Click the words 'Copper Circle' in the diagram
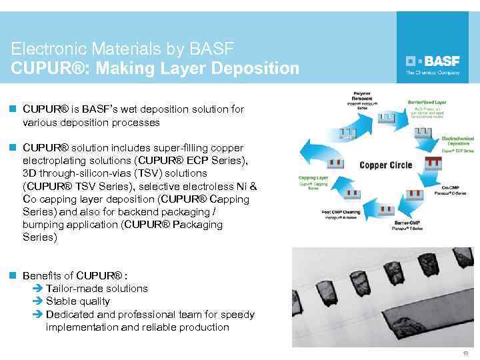tap(386, 165)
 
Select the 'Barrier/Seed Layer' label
tap(427, 102)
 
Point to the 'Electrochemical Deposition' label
tap(458, 140)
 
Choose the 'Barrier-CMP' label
tap(409, 223)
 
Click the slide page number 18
tap(465, 353)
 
